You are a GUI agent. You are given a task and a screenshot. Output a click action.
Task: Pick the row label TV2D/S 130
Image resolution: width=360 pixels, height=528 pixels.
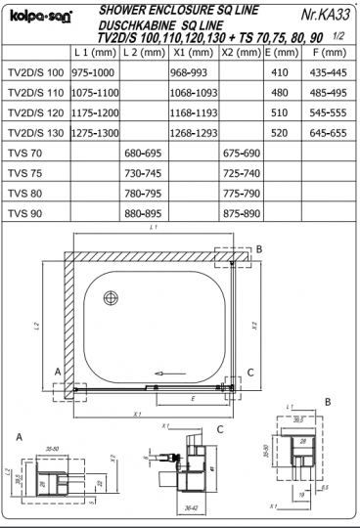pyautogui.click(x=36, y=133)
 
